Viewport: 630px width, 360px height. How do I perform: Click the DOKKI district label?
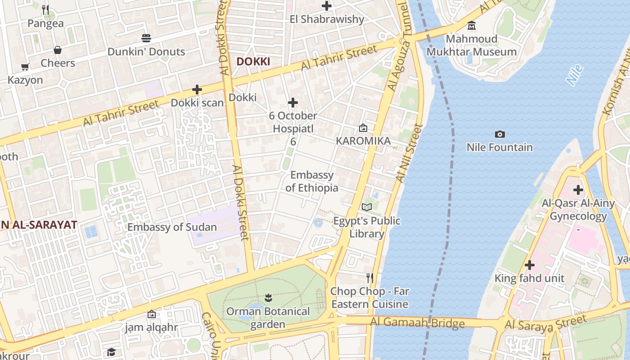click(x=253, y=61)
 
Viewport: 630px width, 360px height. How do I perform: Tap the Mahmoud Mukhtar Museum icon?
click(x=472, y=26)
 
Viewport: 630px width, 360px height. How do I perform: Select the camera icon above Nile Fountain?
click(x=499, y=134)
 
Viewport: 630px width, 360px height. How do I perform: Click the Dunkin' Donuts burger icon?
click(x=146, y=38)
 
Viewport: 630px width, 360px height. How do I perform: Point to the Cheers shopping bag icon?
click(x=58, y=49)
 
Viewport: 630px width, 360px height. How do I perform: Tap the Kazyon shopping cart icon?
click(x=25, y=67)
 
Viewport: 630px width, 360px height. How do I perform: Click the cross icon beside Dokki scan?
click(x=197, y=90)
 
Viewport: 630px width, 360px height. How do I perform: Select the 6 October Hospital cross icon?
click(x=293, y=103)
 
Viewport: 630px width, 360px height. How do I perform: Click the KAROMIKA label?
click(x=363, y=141)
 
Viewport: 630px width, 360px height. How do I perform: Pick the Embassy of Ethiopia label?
click(x=312, y=181)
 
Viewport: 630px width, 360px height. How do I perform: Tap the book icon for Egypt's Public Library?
click(x=367, y=207)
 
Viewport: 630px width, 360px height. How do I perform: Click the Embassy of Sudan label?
click(x=172, y=227)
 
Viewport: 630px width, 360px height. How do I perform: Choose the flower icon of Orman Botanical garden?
click(x=268, y=297)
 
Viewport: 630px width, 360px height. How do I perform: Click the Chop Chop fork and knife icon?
click(x=370, y=278)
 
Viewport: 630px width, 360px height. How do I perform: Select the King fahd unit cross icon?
click(x=530, y=265)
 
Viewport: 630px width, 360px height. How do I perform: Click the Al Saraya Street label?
click(x=546, y=323)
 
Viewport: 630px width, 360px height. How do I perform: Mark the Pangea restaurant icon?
click(x=45, y=9)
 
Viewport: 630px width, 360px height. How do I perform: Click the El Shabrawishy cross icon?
click(x=327, y=6)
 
